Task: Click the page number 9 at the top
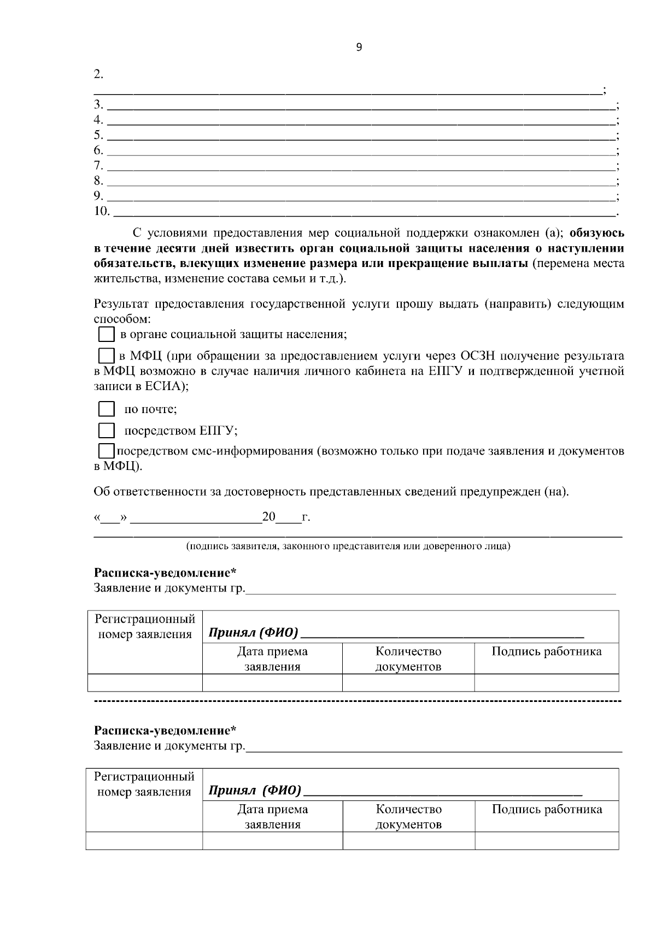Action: coord(359,48)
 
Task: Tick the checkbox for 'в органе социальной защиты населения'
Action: coord(106,334)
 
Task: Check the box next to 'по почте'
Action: coord(106,409)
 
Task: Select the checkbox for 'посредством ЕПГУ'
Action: coord(106,431)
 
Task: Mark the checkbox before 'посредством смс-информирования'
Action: coord(106,451)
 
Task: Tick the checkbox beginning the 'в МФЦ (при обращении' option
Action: coord(106,356)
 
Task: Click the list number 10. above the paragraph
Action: coord(102,211)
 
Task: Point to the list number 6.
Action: coord(98,150)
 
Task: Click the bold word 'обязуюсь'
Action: coord(597,233)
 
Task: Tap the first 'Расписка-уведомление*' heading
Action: coord(165,573)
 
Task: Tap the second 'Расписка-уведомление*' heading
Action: coord(165,730)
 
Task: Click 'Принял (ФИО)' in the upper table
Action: coord(253,634)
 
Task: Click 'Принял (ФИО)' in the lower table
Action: coord(255,791)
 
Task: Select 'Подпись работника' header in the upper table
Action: coord(546,651)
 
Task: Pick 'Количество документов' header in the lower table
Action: coord(408,816)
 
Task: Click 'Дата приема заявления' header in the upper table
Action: coord(272,659)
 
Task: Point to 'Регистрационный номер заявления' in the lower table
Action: coord(144,784)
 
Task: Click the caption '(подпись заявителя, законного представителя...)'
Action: coord(348,546)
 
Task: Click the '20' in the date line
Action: coord(269,516)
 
